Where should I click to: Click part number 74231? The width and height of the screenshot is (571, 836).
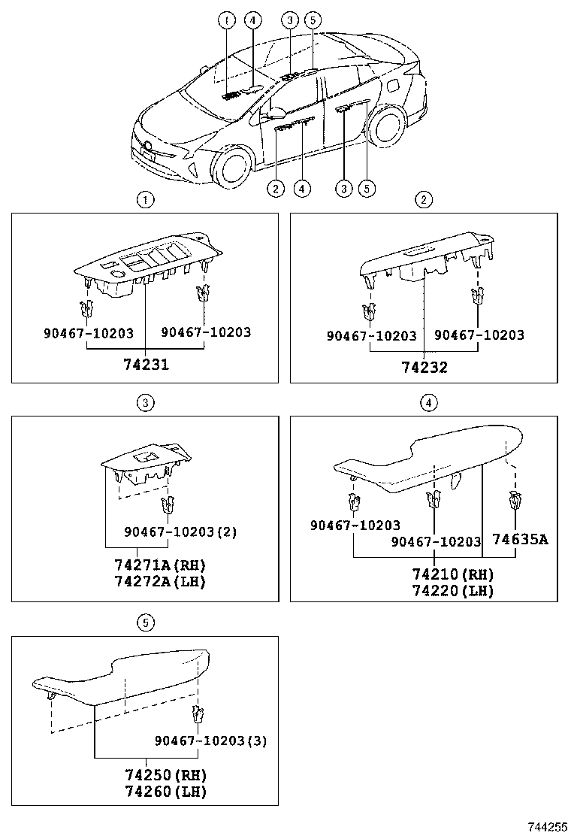tap(147, 366)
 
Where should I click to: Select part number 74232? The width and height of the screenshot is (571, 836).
tap(424, 367)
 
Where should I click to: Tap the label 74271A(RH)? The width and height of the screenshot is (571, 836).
tap(160, 565)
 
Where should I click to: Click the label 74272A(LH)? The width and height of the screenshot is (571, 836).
tap(160, 581)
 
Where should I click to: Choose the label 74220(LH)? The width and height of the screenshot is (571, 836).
tap(452, 591)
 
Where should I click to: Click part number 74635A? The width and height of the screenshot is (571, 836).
tap(520, 539)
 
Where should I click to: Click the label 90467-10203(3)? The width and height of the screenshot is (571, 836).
tap(210, 741)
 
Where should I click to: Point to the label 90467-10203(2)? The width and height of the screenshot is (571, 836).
tap(180, 532)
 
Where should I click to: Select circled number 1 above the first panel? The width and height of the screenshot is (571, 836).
tap(145, 200)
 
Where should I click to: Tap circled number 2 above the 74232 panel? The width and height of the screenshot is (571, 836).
tap(424, 200)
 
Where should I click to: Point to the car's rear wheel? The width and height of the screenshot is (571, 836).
tap(388, 125)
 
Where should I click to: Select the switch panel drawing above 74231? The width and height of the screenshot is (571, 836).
tap(147, 263)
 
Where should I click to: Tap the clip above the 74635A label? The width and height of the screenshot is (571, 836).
tap(515, 500)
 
